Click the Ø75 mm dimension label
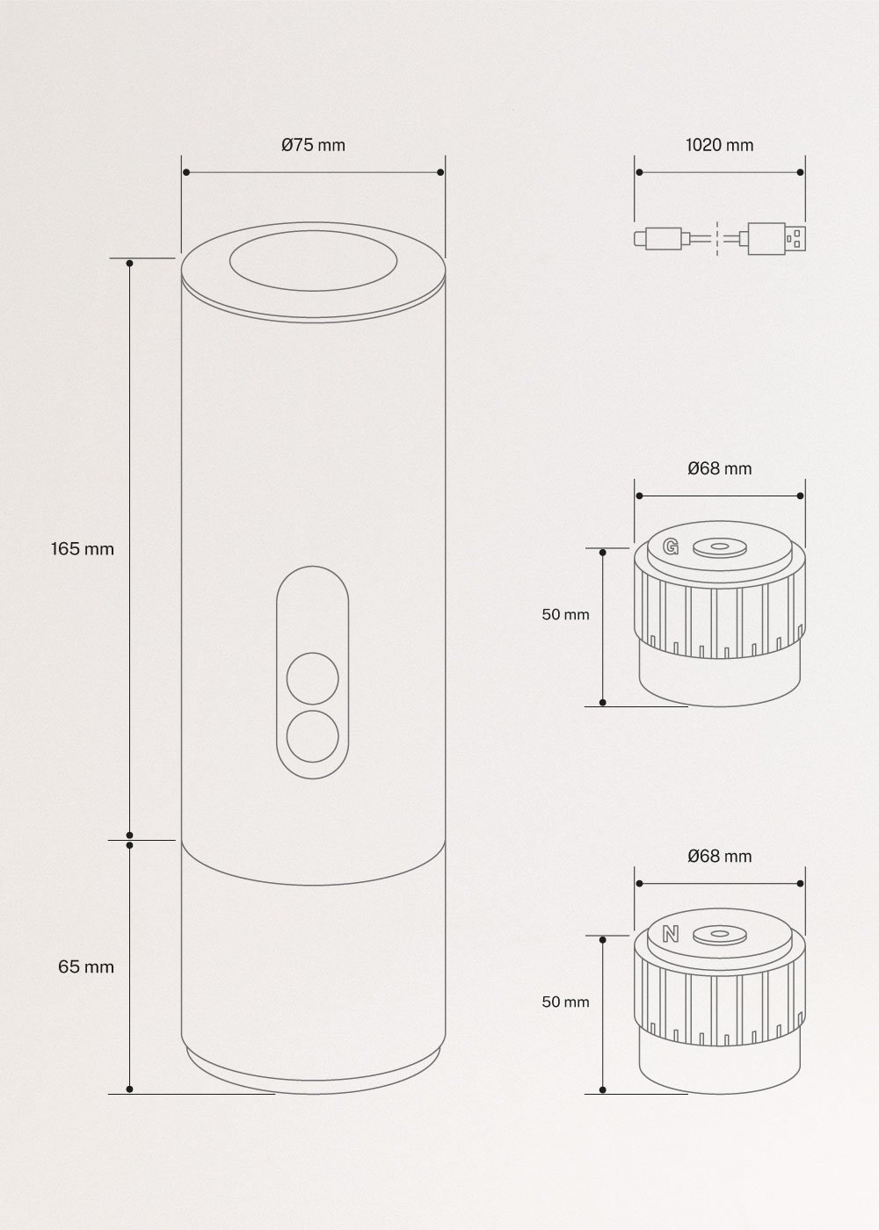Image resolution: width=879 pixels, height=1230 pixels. coord(313,145)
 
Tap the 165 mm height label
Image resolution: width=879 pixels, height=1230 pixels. coord(83,549)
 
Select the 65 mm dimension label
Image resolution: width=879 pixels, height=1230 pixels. coord(86,966)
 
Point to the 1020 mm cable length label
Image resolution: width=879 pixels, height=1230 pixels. coord(719,145)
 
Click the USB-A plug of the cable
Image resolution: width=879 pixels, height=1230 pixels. coord(777,237)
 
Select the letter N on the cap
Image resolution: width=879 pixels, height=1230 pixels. coord(671,935)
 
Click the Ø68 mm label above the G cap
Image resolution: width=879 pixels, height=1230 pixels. coord(719,468)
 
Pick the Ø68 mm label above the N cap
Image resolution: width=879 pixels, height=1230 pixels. coord(719,856)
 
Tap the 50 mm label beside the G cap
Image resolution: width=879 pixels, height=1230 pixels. coord(565,614)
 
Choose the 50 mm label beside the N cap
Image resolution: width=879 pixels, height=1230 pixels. coord(565,1002)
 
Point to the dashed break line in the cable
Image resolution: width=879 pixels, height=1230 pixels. coord(718,237)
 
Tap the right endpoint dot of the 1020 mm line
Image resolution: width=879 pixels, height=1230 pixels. coord(800,173)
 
